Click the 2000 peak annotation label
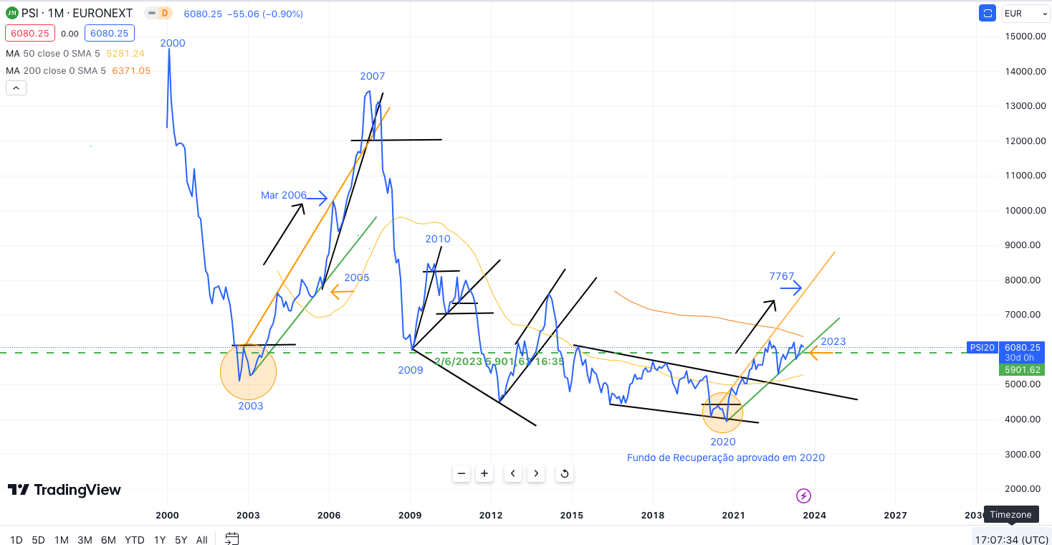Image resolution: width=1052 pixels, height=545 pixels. (173, 43)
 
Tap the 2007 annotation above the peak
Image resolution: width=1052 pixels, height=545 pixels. (373, 76)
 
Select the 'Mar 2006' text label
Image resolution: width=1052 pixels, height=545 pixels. (283, 195)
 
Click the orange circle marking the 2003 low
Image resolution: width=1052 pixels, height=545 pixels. (248, 372)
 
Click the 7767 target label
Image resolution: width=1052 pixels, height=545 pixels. (781, 276)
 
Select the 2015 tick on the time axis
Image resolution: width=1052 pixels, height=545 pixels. (571, 515)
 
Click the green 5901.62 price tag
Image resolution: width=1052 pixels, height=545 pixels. (1023, 370)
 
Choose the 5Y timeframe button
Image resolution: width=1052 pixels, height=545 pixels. (181, 539)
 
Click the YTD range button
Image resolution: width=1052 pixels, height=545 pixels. (134, 539)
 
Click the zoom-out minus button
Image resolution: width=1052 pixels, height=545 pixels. (462, 473)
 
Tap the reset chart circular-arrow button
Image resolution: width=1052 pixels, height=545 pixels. (565, 473)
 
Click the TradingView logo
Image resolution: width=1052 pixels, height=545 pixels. (64, 490)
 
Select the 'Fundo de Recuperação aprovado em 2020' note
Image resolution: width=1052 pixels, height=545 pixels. (725, 458)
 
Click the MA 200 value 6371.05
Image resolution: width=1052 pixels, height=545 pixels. (131, 70)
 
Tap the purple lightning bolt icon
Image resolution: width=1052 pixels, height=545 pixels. (803, 496)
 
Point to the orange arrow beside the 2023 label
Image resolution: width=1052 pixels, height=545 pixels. (821, 352)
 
